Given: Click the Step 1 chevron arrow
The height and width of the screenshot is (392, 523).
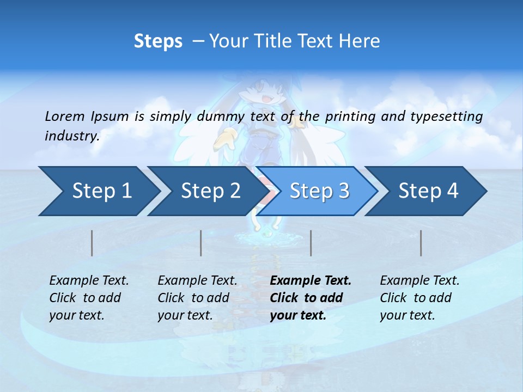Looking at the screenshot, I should coord(98,191).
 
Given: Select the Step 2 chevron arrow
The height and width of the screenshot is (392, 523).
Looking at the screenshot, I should coord(208,191).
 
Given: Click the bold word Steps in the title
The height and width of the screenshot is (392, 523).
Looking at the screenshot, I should coord(158,41).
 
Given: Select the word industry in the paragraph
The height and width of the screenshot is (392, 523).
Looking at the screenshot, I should coord(72,136).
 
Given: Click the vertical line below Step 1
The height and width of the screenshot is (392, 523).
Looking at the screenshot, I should coord(92,243).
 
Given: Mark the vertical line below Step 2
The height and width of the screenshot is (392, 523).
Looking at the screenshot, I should coord(201,243).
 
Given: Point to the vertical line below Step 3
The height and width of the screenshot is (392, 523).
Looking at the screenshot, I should coord(311,243).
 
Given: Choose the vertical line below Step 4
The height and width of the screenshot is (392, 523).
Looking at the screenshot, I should coord(421,243).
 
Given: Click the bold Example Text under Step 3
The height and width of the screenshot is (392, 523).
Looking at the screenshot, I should coord(311,281).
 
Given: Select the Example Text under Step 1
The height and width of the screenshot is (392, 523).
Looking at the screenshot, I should coord(89,281).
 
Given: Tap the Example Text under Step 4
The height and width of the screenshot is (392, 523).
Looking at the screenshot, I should coord(419,281).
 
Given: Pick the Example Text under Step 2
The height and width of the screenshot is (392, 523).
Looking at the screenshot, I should coord(197,281).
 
